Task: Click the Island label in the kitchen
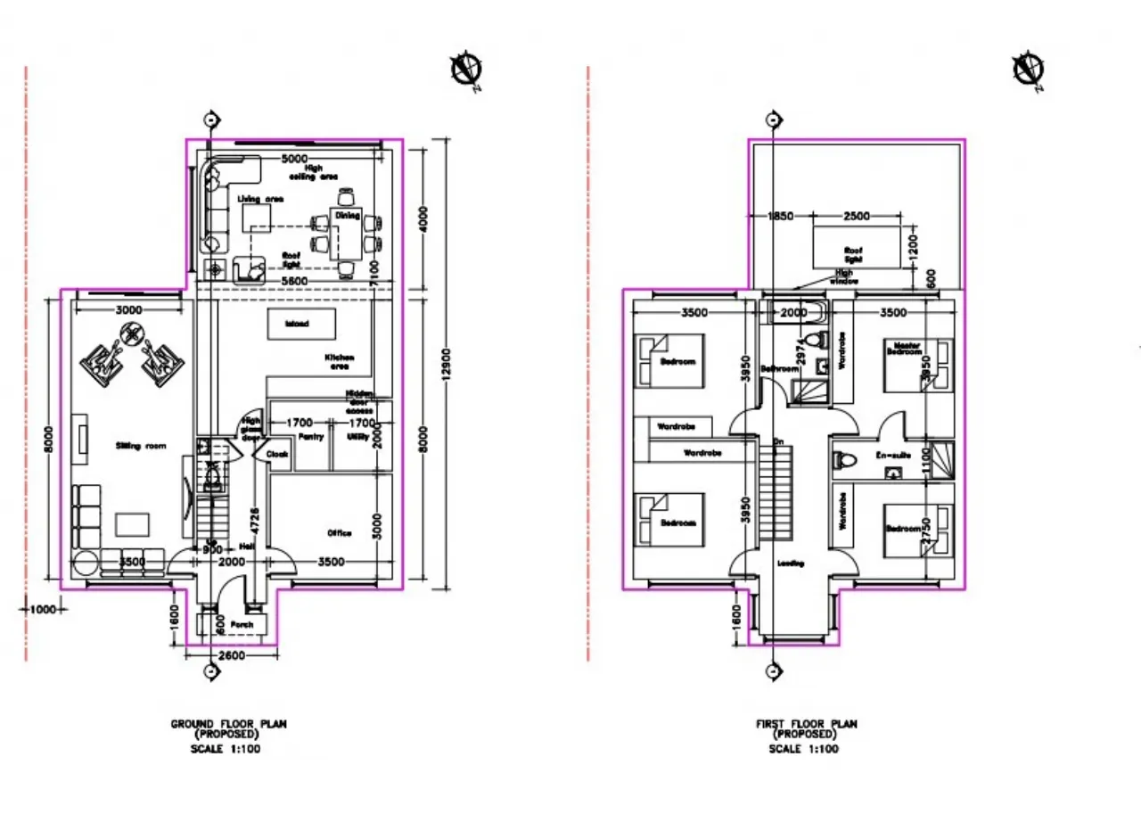297,324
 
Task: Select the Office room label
339,533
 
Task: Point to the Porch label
242,625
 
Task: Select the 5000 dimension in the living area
296,160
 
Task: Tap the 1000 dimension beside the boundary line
42,610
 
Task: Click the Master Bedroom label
903,349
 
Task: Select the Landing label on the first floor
791,564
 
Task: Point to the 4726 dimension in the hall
253,522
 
